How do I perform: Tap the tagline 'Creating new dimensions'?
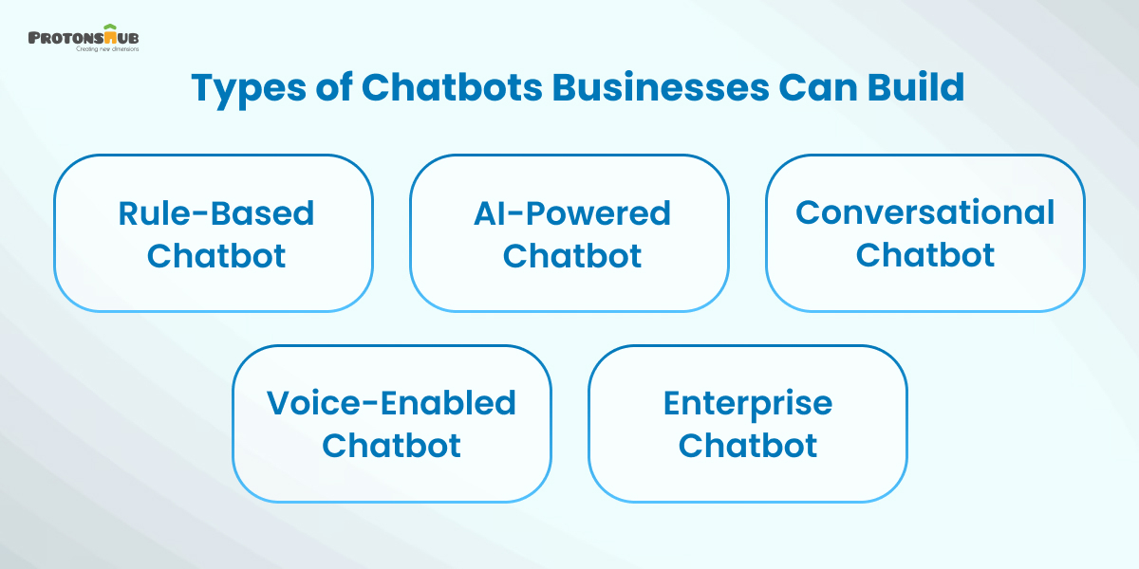107,49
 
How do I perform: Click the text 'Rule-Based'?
215,213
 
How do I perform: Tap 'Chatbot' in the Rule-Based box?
216,255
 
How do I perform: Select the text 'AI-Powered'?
572,213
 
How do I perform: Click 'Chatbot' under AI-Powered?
572,255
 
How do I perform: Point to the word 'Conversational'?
925,212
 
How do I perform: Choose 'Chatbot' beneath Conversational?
925,255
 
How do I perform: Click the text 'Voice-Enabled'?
391,403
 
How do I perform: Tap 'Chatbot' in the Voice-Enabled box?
391,445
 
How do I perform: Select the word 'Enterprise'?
748,404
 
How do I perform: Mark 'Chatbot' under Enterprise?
748,445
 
